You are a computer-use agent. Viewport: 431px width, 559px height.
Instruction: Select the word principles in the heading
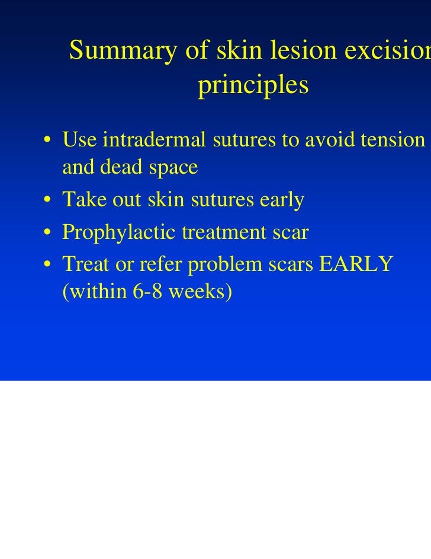point(253,86)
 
